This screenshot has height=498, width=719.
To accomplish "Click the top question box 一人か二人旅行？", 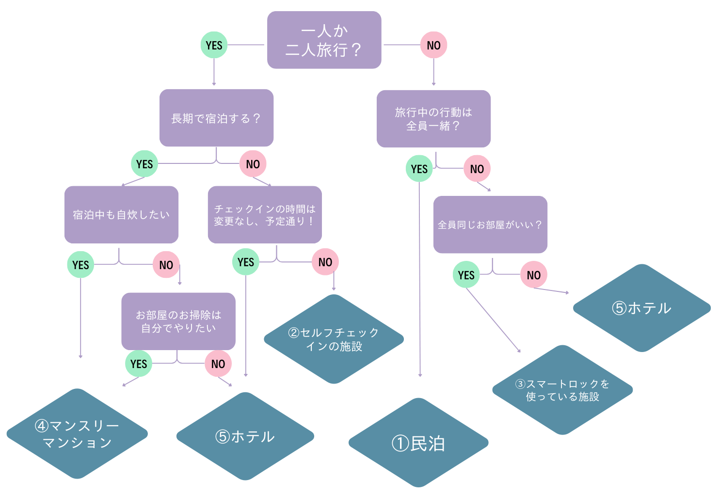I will [x=324, y=40].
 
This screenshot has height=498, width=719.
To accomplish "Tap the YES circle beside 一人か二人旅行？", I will [x=214, y=45].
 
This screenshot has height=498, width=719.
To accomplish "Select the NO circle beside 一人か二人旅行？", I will [x=433, y=45].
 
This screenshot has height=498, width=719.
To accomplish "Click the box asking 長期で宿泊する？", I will [x=216, y=118].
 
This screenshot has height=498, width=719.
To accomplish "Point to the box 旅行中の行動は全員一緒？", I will [x=433, y=119].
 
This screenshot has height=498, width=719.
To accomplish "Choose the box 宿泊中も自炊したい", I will [x=121, y=214].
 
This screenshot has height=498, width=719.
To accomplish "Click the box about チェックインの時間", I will [x=265, y=214].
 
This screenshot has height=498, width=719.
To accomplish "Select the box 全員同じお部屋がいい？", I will [x=490, y=225].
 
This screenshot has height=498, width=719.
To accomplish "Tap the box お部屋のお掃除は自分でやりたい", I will [x=178, y=321].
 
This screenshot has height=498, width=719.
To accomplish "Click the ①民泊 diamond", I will [x=418, y=443].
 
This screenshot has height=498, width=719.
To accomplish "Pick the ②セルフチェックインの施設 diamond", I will [x=334, y=339].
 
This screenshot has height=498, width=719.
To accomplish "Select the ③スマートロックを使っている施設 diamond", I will [x=562, y=390].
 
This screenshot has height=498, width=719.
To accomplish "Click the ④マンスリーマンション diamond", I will [x=77, y=434].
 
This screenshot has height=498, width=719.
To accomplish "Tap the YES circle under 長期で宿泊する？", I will [x=144, y=164].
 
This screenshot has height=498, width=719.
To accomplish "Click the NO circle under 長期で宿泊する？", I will [x=253, y=164].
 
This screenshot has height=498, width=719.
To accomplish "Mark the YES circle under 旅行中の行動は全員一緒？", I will [x=419, y=169].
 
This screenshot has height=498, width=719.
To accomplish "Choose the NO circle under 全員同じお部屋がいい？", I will [x=533, y=275].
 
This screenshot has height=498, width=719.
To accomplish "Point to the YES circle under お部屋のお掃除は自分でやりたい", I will [x=139, y=364].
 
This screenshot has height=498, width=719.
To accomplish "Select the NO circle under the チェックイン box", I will [x=325, y=262].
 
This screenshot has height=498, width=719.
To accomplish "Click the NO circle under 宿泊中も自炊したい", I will [x=166, y=265].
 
